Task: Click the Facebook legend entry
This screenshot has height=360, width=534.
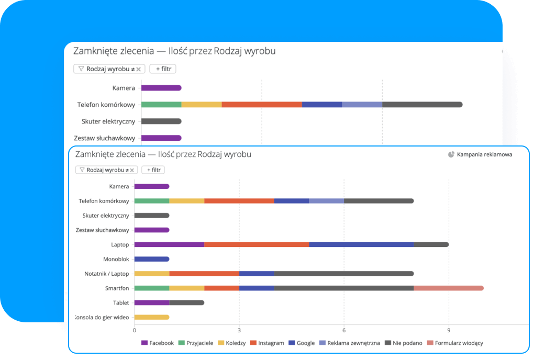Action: click(158, 343)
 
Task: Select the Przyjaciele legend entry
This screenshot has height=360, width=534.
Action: click(196, 343)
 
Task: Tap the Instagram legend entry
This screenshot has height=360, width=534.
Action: click(267, 343)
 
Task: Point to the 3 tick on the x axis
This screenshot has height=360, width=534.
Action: click(239, 330)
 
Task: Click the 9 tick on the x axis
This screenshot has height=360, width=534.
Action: click(449, 330)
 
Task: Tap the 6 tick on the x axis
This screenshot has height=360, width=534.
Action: click(344, 330)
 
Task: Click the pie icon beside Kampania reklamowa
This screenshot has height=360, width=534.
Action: click(451, 154)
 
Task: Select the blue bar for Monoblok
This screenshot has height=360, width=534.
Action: click(152, 259)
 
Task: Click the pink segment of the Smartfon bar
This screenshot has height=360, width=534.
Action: click(448, 288)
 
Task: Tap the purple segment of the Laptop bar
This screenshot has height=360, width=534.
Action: click(169, 244)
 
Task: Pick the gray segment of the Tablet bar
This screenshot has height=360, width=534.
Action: click(186, 302)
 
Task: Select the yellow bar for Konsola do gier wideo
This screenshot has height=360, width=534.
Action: click(152, 317)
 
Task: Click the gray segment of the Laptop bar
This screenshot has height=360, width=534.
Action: click(431, 244)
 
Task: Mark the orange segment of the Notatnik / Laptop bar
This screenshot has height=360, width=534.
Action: click(204, 273)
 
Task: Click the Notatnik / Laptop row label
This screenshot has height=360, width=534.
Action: click(106, 274)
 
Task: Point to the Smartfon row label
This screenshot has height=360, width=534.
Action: click(117, 288)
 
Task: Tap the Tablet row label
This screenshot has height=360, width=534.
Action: click(121, 303)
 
